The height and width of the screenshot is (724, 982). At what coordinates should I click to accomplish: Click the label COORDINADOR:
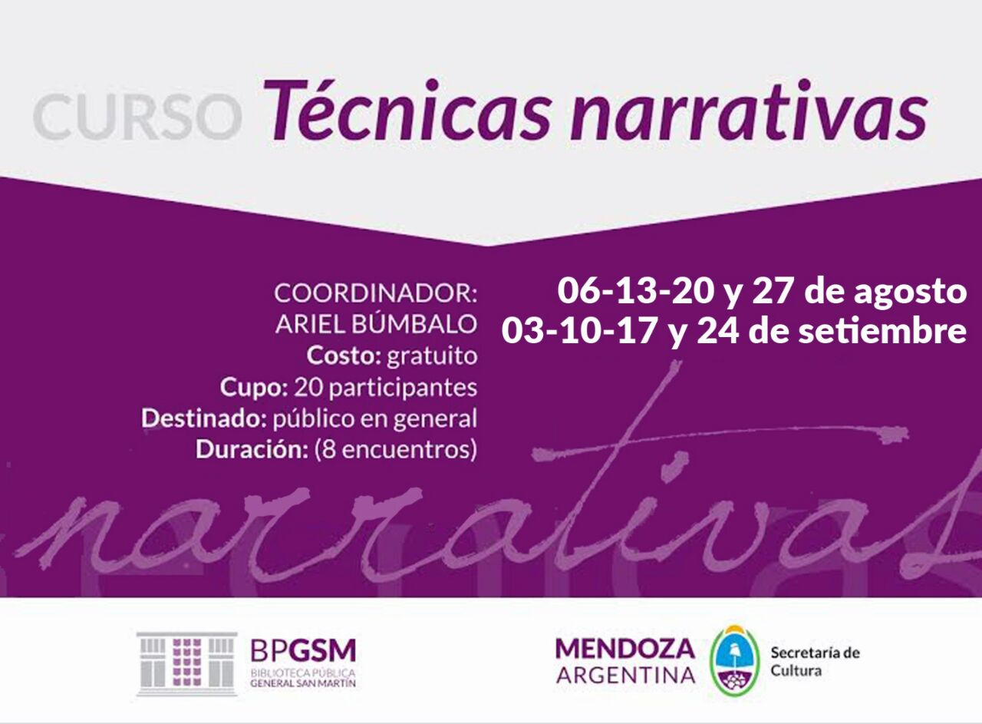click(376, 293)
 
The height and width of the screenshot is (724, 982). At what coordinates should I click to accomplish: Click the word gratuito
click(432, 355)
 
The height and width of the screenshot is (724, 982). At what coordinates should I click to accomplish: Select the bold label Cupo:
click(254, 388)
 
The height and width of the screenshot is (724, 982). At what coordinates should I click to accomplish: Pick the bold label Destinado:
click(204, 418)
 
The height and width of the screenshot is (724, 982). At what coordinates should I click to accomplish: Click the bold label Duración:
click(252, 450)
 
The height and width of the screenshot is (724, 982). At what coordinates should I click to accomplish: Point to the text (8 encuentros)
click(396, 450)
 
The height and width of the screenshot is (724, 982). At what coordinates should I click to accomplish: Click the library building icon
click(186, 663)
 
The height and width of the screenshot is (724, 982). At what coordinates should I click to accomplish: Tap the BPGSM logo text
click(303, 650)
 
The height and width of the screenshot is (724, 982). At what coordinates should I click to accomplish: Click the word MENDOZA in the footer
click(625, 649)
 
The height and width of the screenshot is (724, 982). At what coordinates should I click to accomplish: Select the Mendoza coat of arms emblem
click(735, 661)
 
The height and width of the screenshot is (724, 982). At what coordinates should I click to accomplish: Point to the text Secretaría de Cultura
click(816, 662)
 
